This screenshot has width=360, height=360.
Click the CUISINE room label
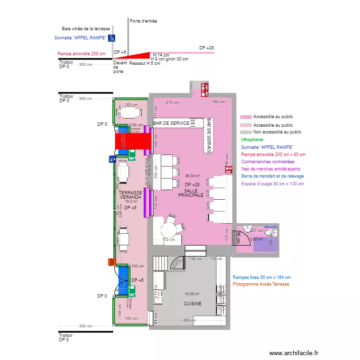point(192,304)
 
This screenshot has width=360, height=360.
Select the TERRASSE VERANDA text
point(131,195)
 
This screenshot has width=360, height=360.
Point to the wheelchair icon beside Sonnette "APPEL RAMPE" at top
point(111,38)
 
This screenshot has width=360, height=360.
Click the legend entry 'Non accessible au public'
point(277,132)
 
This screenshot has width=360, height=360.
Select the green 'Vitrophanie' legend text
point(252,139)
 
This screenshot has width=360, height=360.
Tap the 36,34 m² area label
point(192,176)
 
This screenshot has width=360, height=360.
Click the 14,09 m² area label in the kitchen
point(192,294)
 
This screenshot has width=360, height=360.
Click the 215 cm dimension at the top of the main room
point(172,102)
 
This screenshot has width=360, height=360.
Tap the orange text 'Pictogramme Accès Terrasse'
point(261,285)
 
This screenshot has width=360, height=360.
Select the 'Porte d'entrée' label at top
point(144,21)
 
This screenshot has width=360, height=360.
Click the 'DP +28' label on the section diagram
point(206,48)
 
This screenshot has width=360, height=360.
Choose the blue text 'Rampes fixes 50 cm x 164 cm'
point(262,277)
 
